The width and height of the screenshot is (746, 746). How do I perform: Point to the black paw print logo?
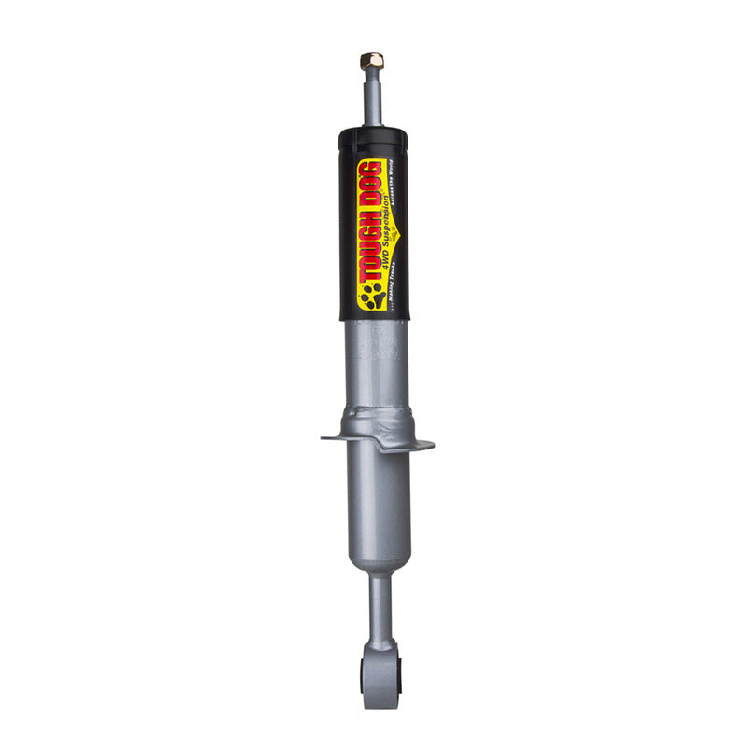click(370, 297)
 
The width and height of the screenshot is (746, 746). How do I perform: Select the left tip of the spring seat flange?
click(324, 436)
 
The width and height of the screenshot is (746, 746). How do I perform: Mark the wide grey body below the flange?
click(378, 504)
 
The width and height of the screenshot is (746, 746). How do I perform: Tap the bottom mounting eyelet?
click(381, 673)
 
